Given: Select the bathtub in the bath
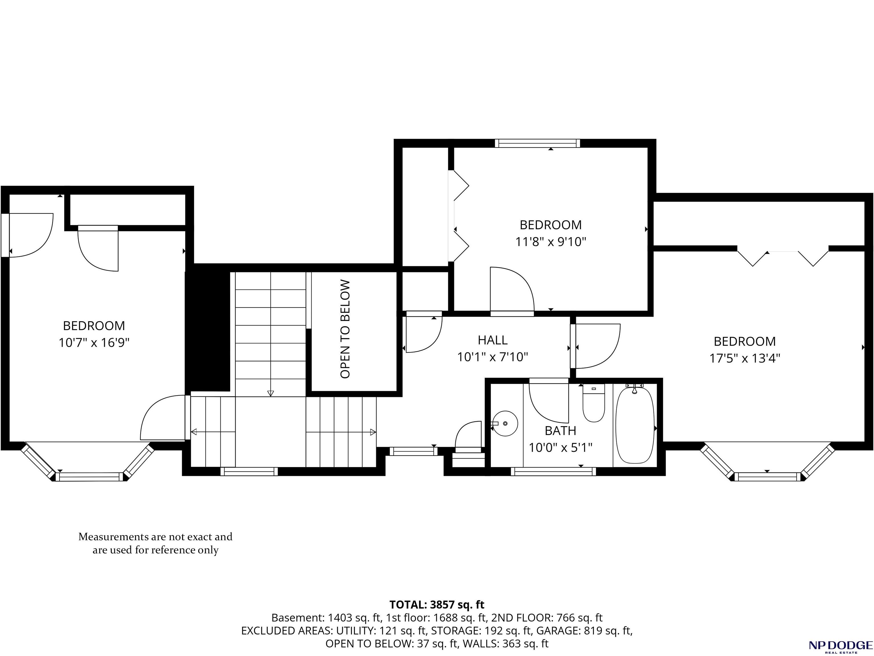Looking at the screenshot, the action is pos(635,425).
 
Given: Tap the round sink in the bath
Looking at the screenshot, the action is pos(505,423).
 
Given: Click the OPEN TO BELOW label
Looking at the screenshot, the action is pos(345,329).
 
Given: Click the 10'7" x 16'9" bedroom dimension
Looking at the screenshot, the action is pos(94,342).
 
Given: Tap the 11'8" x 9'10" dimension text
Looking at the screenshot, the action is pos(550,241).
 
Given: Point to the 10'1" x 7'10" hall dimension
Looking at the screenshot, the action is pos(493,357).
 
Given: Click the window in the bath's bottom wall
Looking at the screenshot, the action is pos(553,471).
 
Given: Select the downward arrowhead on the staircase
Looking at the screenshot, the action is pos(271,393).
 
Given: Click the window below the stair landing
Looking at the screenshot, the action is pos(249,471).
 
